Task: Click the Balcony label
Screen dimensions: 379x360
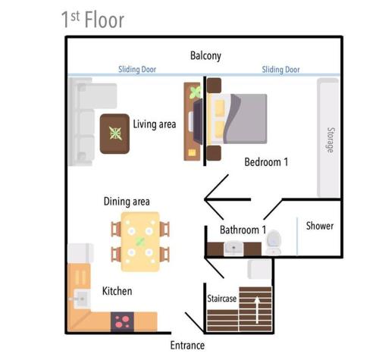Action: point(205,56)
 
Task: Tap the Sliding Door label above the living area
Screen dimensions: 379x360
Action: point(137,69)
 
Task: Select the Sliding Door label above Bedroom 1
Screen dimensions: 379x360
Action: point(280,69)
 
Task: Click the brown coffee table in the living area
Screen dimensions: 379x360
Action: point(114,133)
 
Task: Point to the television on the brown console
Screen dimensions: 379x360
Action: point(198,122)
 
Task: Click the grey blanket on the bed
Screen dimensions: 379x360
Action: point(248,119)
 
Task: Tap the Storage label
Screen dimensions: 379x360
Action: point(330,140)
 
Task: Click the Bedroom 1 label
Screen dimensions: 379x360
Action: point(266,162)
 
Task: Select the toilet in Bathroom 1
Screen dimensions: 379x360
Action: point(274,242)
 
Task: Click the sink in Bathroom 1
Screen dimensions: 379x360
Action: point(233,249)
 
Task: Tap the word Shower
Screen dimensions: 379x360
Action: point(320,226)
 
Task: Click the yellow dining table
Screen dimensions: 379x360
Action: point(140,242)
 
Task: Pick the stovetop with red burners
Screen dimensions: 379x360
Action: point(122,322)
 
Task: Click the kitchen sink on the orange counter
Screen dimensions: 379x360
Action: point(81,299)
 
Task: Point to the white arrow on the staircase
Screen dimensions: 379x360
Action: point(257,310)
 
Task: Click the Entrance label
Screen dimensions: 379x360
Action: point(187,346)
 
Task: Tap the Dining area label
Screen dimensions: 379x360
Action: point(127,202)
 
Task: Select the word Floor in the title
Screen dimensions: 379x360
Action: point(105,20)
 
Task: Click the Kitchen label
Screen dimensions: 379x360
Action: point(117,291)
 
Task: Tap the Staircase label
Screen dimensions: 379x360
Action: point(222,299)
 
